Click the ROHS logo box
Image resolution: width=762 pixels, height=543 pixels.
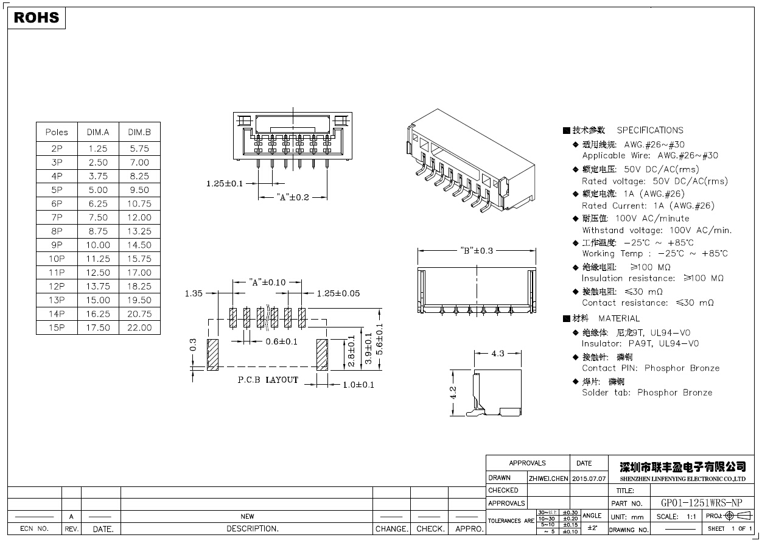point(37,18)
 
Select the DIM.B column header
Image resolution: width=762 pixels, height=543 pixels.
point(139,132)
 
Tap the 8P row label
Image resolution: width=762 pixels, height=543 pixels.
point(57,231)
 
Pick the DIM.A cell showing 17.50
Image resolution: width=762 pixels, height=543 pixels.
point(98,328)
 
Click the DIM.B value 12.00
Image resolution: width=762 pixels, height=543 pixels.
point(139,217)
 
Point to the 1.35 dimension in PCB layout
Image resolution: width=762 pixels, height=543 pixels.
point(194,293)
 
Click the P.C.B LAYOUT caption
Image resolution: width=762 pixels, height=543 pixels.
point(268,380)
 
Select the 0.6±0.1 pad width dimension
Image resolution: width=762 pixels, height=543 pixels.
point(282,342)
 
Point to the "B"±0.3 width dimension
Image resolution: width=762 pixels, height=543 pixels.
point(477,250)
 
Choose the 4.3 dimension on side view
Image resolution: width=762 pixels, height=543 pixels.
point(498,354)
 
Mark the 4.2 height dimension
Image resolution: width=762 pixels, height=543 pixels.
point(453,393)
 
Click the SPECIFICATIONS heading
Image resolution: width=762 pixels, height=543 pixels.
point(649,130)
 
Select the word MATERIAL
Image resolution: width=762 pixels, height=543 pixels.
point(619,318)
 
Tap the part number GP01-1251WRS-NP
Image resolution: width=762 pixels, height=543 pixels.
point(702,503)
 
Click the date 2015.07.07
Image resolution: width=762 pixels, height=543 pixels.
point(589,478)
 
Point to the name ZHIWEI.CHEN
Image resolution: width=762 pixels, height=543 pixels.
point(548,478)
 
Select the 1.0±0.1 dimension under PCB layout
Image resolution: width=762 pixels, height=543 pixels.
point(358,385)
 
